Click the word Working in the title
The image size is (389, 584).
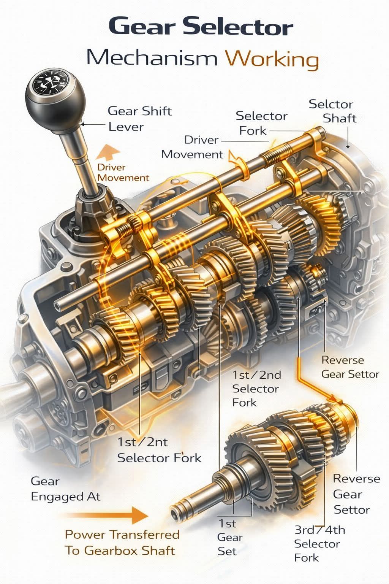coord(272,59)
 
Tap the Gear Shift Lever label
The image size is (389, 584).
coord(140,119)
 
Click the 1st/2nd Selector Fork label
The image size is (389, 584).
coord(256,389)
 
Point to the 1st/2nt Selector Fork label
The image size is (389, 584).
coord(159,450)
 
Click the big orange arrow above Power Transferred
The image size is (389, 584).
coord(106,515)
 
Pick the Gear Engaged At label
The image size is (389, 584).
coord(65,489)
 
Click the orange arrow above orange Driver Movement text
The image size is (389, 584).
coord(108,152)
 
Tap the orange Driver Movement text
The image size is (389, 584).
coord(123,173)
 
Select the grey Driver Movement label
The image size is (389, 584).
coord(192,147)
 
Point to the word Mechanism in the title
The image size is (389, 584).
coord(152,57)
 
